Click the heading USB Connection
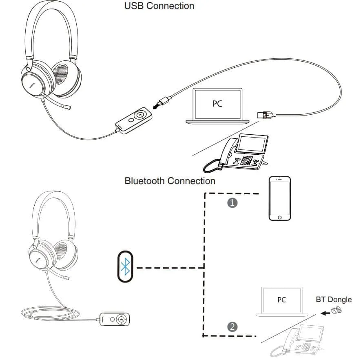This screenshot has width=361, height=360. (x=159, y=6)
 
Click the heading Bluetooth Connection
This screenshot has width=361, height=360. (x=170, y=180)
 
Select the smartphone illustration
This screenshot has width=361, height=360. (x=279, y=198)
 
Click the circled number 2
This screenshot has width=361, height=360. (x=232, y=326)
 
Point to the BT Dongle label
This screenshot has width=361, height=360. (x=333, y=299)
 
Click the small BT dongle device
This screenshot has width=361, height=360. (x=336, y=311)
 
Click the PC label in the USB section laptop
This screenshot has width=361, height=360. (x=217, y=104)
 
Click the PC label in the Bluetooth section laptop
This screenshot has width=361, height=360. (x=281, y=300)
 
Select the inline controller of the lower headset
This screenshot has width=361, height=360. (x=116, y=319)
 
